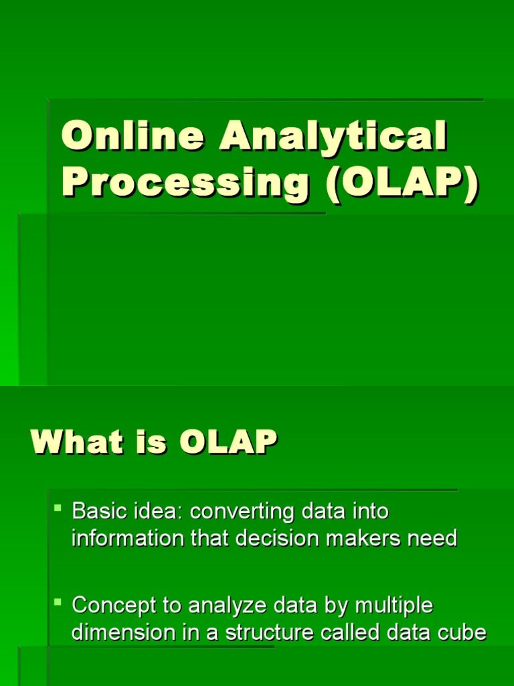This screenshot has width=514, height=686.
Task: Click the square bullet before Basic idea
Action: (x=58, y=509)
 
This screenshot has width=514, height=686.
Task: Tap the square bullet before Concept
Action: (x=58, y=603)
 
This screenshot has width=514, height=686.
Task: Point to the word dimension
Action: (x=120, y=632)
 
